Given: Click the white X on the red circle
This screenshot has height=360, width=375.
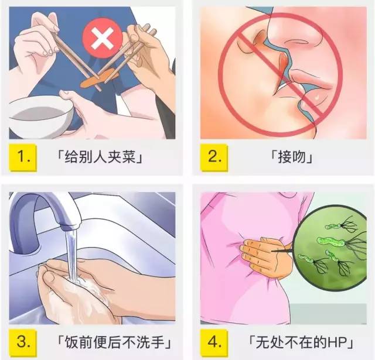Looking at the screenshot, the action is [103, 39].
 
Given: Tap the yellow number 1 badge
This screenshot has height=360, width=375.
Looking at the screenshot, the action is [23, 157].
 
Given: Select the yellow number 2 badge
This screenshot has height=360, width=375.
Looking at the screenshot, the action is [214, 157].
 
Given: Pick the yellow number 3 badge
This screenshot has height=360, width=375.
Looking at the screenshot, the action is [23, 342].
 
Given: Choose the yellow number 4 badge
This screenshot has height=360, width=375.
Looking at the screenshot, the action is [214, 342].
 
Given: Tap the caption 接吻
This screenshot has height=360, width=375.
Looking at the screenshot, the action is [292, 157].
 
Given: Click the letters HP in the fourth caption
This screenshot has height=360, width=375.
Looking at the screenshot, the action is [337, 342].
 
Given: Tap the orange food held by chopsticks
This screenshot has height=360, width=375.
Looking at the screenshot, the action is [100, 78].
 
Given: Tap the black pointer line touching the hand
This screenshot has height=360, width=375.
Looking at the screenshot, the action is [282, 251].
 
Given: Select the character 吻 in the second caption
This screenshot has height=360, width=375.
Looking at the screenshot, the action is [299, 157].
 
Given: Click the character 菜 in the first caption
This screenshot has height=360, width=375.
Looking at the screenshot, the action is [129, 157].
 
